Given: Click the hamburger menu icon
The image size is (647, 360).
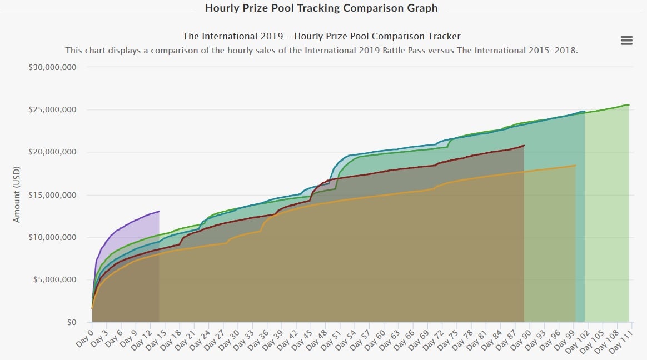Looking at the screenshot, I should (626, 40).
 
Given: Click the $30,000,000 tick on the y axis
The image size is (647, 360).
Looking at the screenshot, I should (52, 67).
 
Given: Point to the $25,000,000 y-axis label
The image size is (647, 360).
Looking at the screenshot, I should (52, 109).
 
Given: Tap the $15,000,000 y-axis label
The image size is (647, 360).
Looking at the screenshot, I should (52, 195).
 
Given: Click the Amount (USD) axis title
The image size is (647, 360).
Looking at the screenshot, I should (17, 194).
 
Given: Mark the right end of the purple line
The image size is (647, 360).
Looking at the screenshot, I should (160, 211).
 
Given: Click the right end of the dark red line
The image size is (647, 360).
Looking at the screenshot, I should (524, 146).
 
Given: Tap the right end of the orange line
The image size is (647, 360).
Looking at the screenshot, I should (575, 166).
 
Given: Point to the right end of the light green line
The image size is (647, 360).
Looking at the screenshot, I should (629, 105).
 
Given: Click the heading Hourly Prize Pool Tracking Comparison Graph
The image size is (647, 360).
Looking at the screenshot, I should (321, 8).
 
